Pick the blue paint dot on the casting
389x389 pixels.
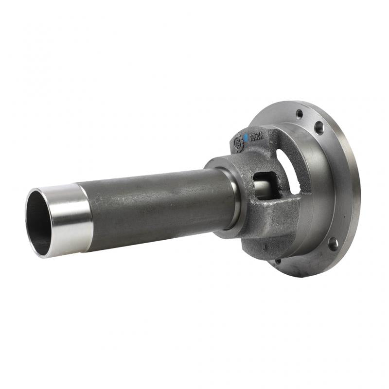[247, 138]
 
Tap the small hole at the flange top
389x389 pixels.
[300, 113]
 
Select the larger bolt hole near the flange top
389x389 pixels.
[319, 128]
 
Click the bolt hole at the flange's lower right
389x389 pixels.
[333, 243]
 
